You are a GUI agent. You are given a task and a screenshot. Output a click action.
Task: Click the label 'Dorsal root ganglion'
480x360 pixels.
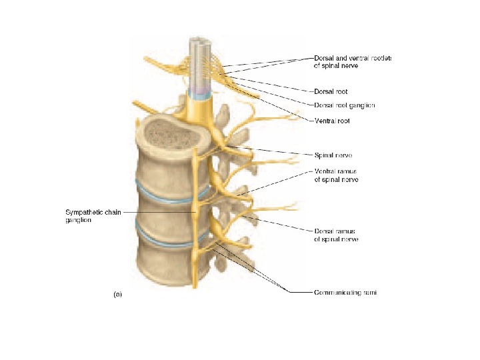click(x=344, y=105)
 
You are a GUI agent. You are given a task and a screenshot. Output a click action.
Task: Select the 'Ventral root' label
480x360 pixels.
click(x=331, y=121)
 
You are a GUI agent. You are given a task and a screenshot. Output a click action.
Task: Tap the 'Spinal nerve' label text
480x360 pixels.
click(x=333, y=155)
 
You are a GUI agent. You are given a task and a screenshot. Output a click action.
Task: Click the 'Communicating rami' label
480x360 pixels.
click(x=345, y=291)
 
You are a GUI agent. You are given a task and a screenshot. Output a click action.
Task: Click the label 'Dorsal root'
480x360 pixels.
click(x=331, y=91)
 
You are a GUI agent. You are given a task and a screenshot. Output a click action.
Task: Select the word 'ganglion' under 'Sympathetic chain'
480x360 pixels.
click(x=78, y=221)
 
